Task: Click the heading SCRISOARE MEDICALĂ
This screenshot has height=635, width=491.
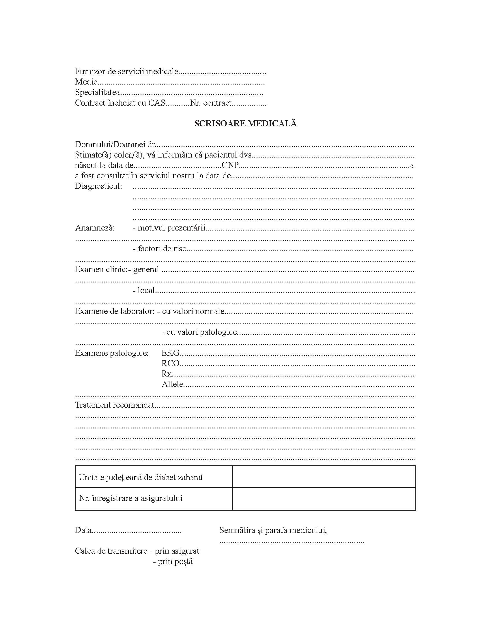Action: [x=245, y=123]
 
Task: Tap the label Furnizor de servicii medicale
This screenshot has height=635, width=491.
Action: [x=126, y=72]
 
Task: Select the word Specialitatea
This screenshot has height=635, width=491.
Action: [x=98, y=92]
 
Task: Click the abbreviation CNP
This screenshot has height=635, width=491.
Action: [x=230, y=165]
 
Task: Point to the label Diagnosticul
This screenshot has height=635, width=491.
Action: [x=98, y=186]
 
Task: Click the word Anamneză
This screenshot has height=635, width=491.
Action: [x=95, y=228]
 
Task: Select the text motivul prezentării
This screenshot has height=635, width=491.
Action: [x=172, y=228]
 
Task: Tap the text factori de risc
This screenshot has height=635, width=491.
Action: [x=162, y=249]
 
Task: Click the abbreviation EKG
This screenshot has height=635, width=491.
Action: [x=171, y=353]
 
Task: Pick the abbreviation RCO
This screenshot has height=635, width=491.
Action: [x=171, y=364]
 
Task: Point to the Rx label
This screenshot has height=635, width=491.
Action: [x=167, y=374]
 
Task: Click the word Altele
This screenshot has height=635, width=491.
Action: [x=173, y=384]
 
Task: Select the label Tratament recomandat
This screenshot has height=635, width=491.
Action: [x=115, y=405]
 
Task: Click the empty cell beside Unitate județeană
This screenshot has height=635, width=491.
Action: [x=324, y=477]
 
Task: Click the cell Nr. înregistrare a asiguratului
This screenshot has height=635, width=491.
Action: [x=131, y=498]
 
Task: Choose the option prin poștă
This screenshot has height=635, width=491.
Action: [x=175, y=561]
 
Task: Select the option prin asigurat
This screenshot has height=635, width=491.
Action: [x=177, y=551]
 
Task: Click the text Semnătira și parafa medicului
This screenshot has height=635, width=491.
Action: [x=273, y=530]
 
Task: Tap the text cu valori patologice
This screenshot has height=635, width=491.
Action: [x=201, y=332]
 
